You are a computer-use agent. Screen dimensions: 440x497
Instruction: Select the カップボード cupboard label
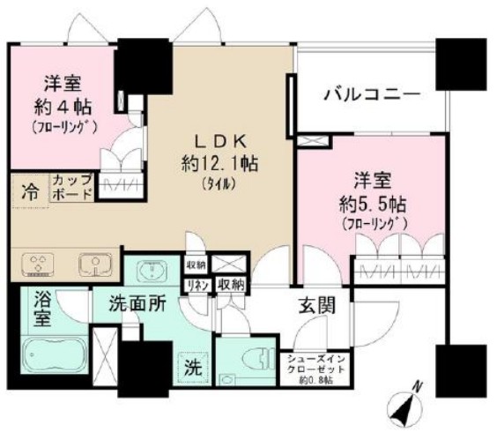70,187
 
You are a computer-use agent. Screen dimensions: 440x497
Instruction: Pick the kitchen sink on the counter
88,264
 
